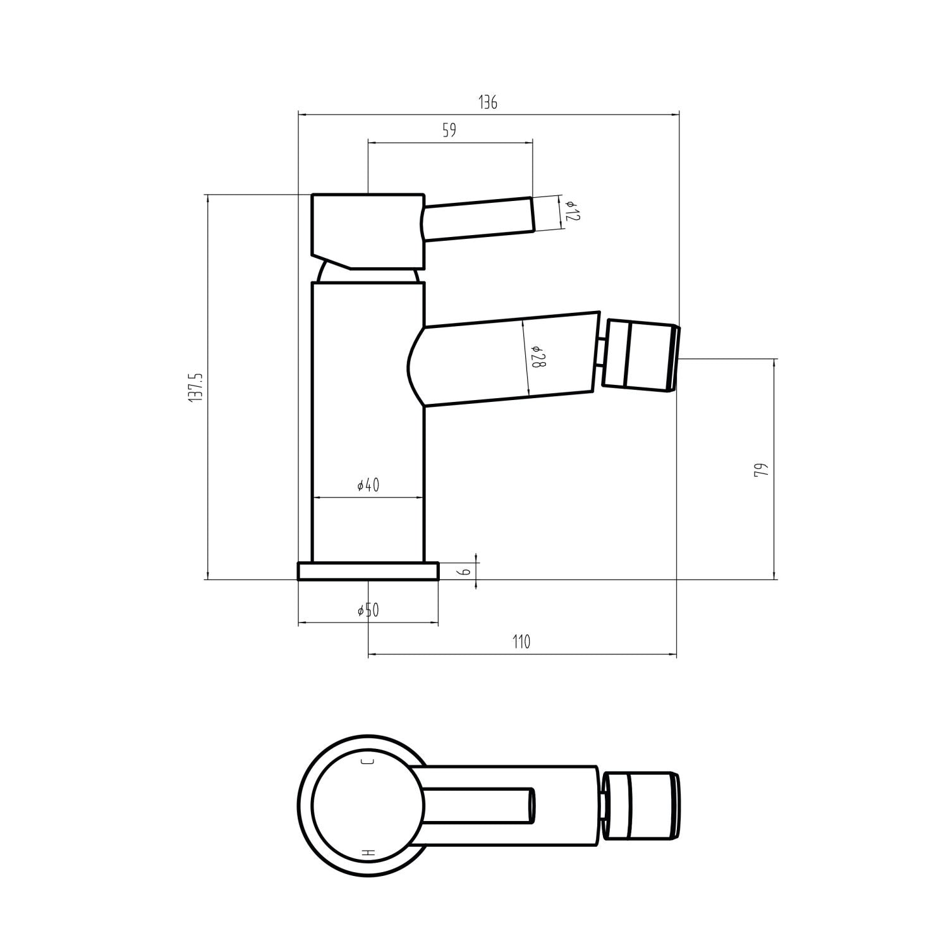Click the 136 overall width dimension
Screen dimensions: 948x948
487,102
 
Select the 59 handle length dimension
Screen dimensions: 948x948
449,131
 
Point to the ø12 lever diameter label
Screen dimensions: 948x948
571,211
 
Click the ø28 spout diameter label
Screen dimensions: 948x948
536,358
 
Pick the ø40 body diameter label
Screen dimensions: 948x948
368,485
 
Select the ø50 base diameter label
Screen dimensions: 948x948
368,611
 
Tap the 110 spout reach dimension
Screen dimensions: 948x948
521,642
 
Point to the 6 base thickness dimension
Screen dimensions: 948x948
465,571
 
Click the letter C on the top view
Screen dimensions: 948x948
367,761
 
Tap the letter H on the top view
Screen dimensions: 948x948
368,853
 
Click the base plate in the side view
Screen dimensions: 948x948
368,571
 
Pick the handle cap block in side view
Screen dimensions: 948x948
367,230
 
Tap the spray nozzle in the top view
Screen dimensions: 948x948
641,806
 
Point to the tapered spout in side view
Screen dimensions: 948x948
506,358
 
